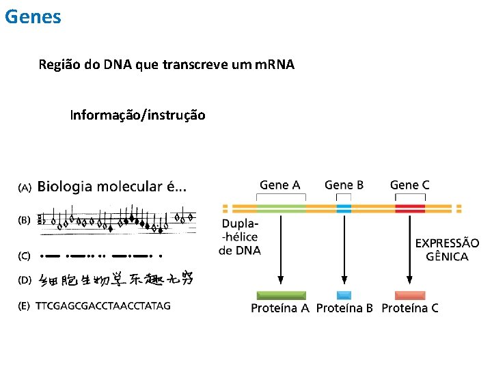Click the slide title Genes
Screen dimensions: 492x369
click(33, 16)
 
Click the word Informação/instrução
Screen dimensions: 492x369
click(137, 115)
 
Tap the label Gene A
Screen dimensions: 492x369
click(279, 184)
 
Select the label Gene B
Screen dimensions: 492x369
click(344, 184)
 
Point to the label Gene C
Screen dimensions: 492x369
click(409, 184)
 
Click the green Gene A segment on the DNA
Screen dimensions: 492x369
click(281, 208)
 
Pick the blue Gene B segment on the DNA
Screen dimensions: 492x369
click(344, 208)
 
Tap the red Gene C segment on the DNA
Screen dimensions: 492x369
click(409, 208)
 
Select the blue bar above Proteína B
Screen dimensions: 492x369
click(344, 295)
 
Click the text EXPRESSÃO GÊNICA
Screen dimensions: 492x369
click(447, 249)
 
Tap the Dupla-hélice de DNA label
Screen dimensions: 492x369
click(239, 237)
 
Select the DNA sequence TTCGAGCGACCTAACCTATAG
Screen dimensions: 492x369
click(103, 305)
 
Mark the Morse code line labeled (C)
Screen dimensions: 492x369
click(102, 256)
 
